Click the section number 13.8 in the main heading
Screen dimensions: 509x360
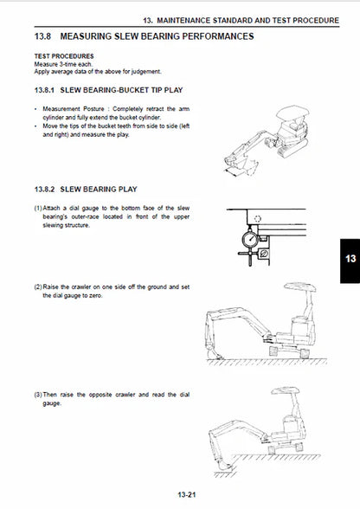click(x=43, y=36)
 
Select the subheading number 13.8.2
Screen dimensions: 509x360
click(x=47, y=189)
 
